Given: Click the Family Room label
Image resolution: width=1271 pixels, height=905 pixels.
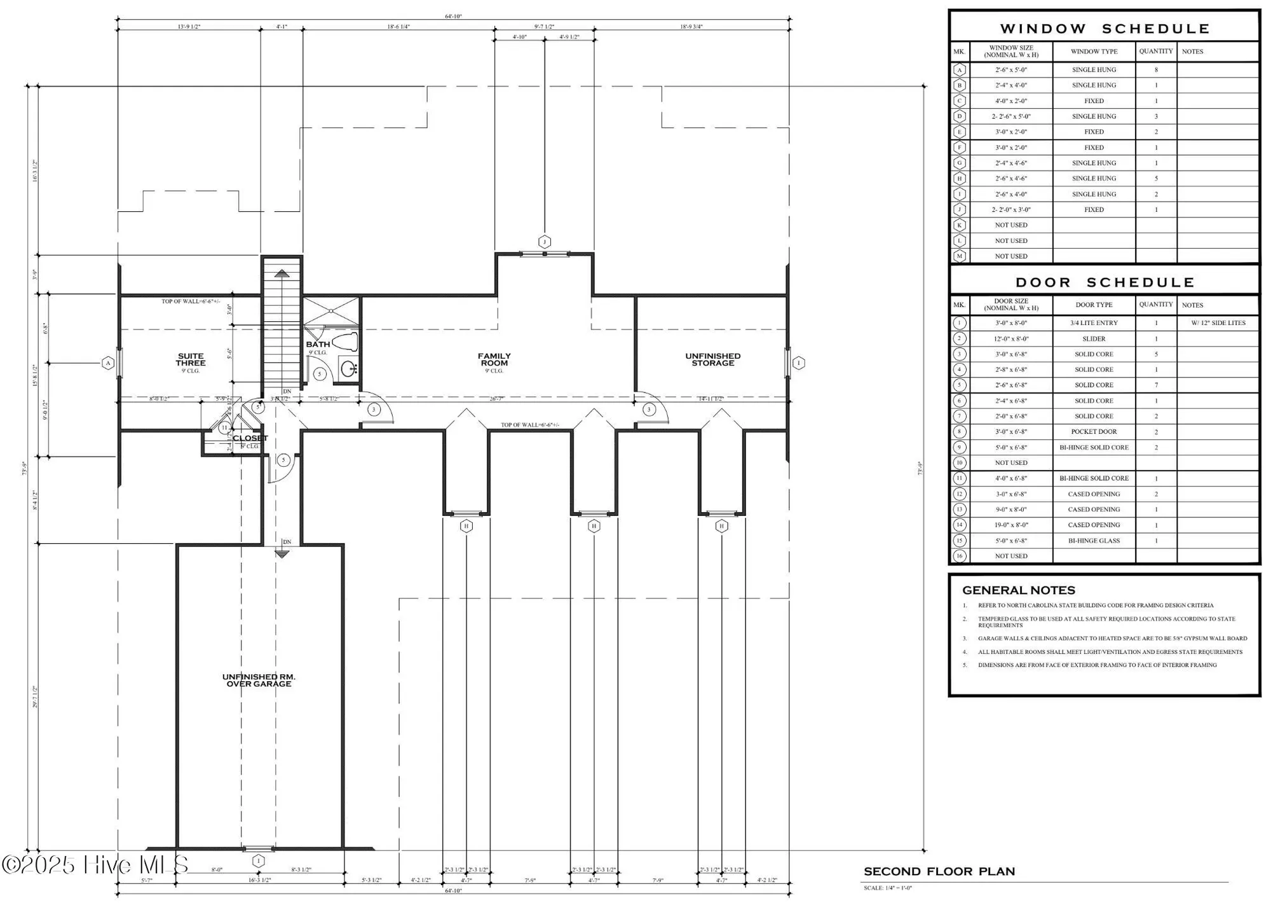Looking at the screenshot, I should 494,359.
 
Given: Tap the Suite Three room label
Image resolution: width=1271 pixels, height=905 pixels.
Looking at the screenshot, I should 190,359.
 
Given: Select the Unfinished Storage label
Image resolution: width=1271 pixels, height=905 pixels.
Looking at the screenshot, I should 712,359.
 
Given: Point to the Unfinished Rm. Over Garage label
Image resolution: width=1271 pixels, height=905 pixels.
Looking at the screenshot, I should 259,680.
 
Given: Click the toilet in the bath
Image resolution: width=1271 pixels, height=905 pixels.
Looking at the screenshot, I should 346,342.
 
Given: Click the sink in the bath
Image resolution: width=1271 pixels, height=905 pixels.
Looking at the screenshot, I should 348,368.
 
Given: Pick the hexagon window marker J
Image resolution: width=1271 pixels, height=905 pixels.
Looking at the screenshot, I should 544,242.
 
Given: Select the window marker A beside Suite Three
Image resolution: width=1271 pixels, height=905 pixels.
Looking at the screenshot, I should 108,363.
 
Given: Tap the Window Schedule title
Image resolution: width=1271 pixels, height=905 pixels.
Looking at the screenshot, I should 1104,29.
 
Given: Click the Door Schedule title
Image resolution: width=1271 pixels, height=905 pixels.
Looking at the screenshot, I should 1104,282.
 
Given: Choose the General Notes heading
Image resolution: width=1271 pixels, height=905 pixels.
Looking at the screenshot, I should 1018,590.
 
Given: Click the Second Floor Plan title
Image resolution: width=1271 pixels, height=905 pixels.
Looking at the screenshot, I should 939,871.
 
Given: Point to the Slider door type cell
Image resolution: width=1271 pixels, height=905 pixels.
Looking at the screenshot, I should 1094,339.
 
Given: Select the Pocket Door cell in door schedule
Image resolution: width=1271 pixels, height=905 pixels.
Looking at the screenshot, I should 1094,432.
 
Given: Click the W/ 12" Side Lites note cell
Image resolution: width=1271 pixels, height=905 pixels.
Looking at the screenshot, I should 1218,323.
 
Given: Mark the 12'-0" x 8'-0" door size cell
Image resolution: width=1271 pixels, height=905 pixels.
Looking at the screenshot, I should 1010,339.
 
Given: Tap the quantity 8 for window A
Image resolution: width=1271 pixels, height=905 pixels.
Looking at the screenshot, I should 1155,70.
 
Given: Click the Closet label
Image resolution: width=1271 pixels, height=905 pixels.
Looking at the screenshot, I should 250,438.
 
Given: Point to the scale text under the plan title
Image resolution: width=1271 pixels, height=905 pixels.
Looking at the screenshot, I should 887,888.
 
